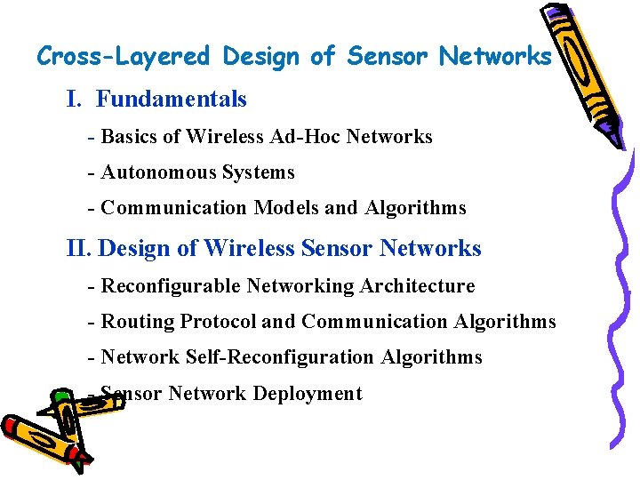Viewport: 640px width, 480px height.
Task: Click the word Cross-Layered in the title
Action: pyautogui.click(x=123, y=57)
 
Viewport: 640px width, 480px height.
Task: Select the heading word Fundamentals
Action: pyautogui.click(x=172, y=99)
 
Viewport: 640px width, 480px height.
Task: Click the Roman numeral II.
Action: pyautogui.click(x=78, y=248)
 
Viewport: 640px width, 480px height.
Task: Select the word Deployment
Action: pyautogui.click(x=308, y=393)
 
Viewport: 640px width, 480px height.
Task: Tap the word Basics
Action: pyautogui.click(x=129, y=137)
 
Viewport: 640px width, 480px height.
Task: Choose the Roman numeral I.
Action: pyautogui.click(x=74, y=99)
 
